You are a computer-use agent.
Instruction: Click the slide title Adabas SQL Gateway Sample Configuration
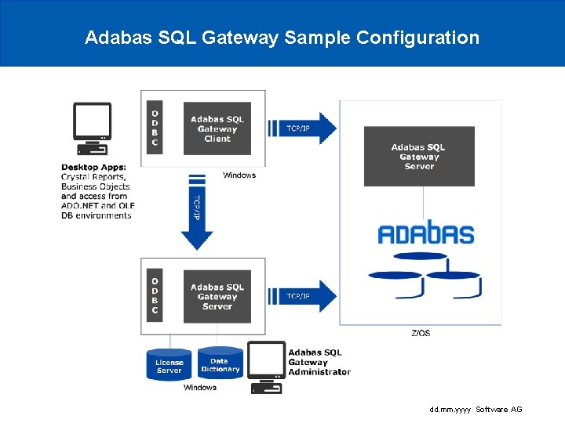click(282, 38)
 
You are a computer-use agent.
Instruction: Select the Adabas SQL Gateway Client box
click(217, 128)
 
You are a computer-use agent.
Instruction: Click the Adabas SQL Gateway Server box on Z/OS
click(419, 157)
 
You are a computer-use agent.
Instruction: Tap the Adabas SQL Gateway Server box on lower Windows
click(217, 297)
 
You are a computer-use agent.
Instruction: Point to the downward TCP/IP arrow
click(197, 213)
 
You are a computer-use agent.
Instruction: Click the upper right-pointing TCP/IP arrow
click(302, 128)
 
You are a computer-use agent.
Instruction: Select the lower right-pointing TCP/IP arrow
click(302, 296)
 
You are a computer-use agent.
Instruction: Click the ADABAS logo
click(425, 233)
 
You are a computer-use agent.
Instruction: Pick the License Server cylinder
click(169, 365)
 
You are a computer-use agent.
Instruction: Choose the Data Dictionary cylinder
click(220, 364)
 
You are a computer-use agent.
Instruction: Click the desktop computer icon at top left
click(92, 128)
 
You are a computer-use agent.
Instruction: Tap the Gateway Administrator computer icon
click(266, 367)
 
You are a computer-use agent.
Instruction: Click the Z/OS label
click(421, 333)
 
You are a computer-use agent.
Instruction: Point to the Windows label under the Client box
click(239, 175)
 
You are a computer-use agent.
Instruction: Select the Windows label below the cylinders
click(200, 388)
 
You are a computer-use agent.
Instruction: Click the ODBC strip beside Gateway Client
click(155, 128)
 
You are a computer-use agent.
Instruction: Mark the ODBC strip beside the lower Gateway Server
click(155, 296)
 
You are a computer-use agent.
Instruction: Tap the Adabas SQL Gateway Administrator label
click(319, 362)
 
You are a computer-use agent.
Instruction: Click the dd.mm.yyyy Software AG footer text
click(476, 410)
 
